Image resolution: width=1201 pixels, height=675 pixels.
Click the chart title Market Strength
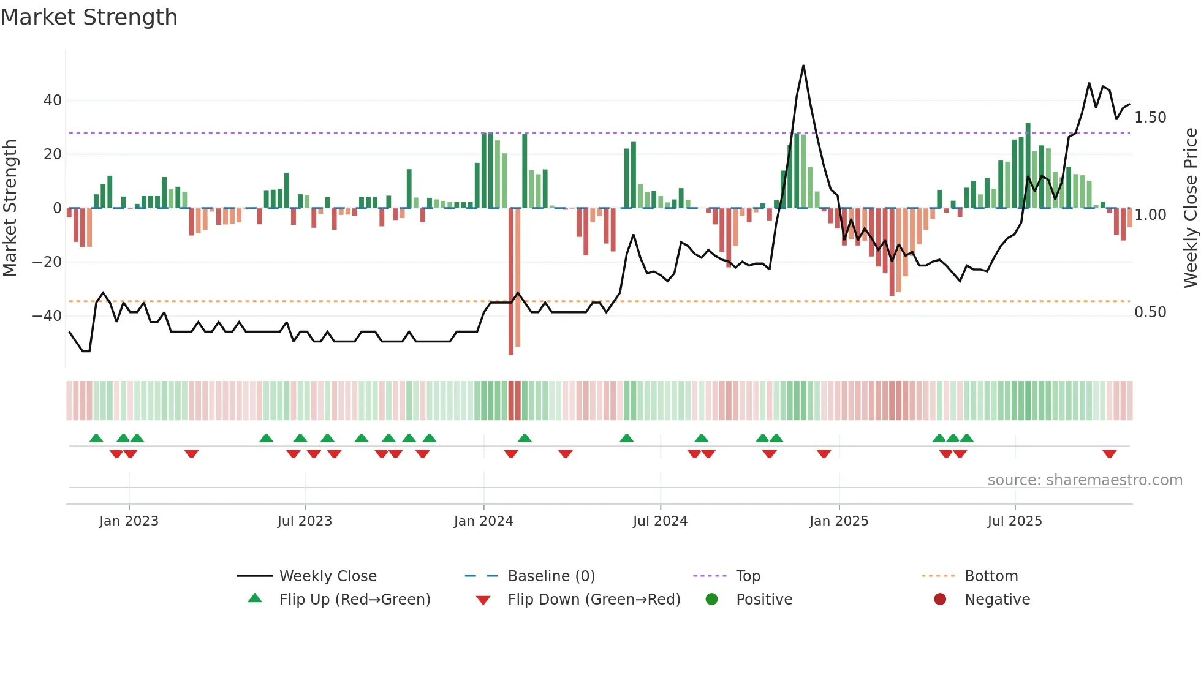[89, 17]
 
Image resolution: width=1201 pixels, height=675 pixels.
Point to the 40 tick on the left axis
[53, 100]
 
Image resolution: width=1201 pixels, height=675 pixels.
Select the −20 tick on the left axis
[47, 262]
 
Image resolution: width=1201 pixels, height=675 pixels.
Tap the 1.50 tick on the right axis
[1150, 118]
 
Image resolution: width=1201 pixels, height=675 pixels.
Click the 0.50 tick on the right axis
[1150, 312]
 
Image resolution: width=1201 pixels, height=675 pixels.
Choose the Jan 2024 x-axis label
[483, 521]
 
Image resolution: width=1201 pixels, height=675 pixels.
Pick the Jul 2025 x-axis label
[1015, 521]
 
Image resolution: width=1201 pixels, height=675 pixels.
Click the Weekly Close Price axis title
[1190, 208]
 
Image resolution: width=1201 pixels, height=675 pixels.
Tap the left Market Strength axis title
[10, 208]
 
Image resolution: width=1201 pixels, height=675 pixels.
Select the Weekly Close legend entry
[328, 576]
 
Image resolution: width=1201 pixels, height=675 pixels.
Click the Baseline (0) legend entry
[551, 576]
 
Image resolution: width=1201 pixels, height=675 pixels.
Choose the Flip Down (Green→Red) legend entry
[594, 600]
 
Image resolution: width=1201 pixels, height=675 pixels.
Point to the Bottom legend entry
[991, 576]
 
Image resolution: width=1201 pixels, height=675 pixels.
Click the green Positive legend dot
[711, 600]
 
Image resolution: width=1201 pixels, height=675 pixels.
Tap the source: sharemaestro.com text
[1085, 480]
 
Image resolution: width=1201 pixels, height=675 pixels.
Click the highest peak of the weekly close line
[803, 66]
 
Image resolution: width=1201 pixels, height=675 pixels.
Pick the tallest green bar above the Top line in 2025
[1028, 165]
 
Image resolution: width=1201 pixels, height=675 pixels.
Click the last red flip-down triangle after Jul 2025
[1109, 454]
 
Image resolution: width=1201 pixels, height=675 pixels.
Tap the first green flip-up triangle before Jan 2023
[96, 438]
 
